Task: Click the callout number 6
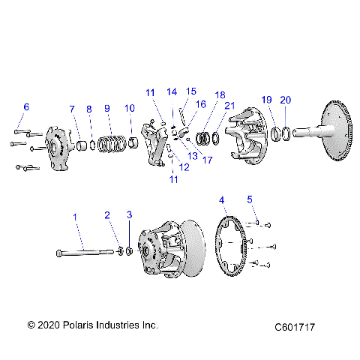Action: point(25,107)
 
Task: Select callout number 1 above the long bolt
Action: point(74,217)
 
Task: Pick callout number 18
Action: point(219,95)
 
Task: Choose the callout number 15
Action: point(191,91)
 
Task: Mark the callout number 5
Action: point(250,199)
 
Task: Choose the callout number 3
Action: point(129,215)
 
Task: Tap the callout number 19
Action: point(265,99)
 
